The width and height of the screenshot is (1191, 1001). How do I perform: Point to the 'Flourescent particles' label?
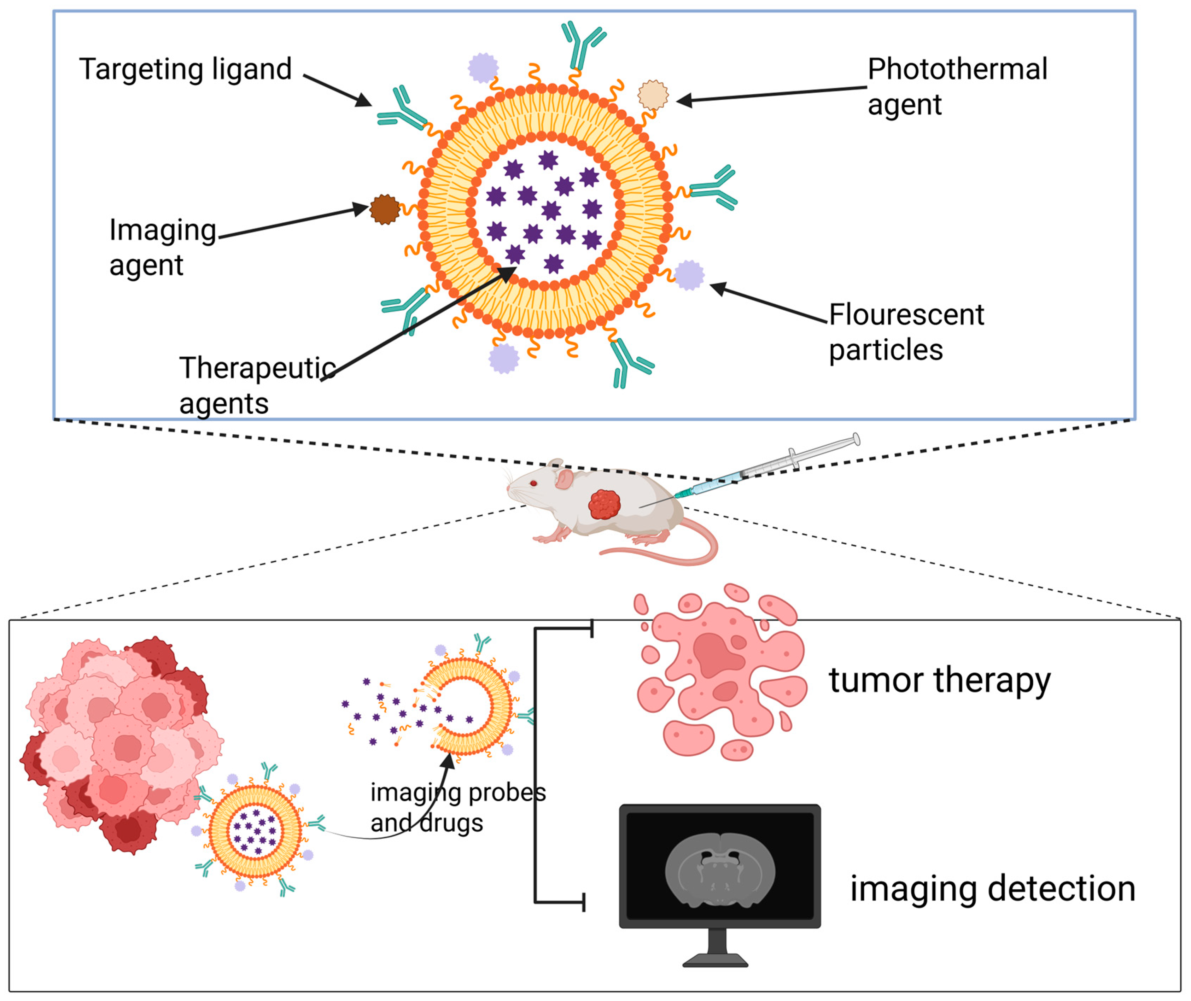(906, 332)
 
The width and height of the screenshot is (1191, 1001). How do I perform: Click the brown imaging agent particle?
(384, 209)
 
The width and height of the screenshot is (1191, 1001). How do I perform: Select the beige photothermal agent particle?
(653, 95)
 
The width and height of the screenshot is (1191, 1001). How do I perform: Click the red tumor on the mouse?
(604, 504)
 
